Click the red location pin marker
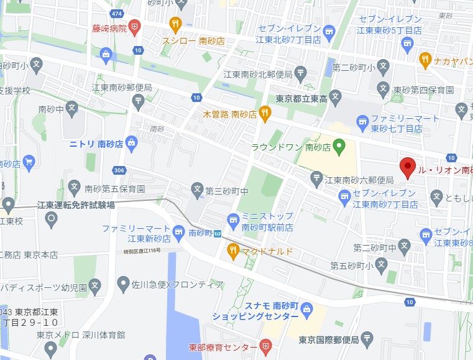(407, 167)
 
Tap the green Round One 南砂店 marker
(339, 147)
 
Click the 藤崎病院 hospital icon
(135, 27)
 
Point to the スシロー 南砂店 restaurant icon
(175, 25)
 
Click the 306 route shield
(120, 170)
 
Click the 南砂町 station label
(201, 233)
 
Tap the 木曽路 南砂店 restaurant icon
(265, 114)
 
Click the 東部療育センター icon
(265, 346)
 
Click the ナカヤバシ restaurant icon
(425, 60)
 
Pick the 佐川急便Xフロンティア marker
(123, 284)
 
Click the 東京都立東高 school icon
(336, 96)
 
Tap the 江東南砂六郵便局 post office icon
(317, 179)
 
